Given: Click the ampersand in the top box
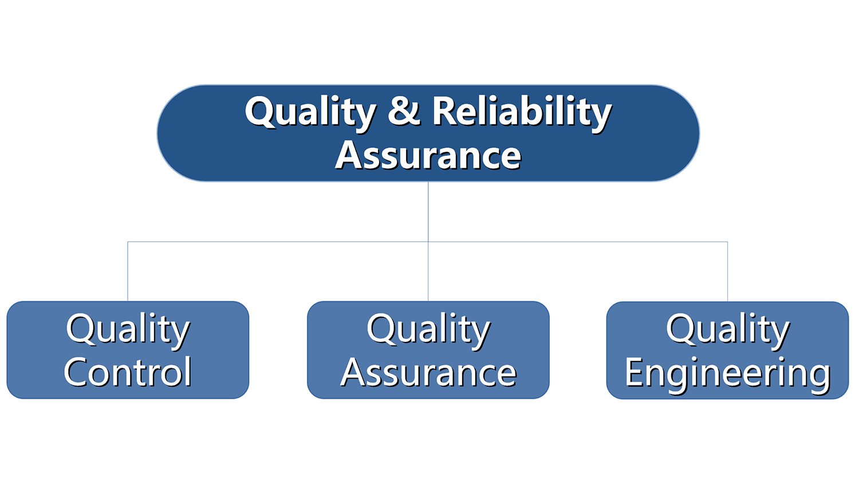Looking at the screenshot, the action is tap(404, 111).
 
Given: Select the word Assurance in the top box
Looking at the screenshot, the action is tap(428, 155).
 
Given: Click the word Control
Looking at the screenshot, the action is tap(128, 371).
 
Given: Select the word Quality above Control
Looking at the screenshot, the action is tap(128, 330).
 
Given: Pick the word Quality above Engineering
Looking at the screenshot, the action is tap(728, 330).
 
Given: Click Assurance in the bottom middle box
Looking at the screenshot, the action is tap(428, 372).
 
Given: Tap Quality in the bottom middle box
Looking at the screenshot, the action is tap(428, 330).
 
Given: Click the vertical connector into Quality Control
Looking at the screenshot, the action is tap(128, 271).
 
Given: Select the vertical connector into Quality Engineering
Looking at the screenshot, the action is tap(727, 271).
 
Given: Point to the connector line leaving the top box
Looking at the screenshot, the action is tap(428, 212).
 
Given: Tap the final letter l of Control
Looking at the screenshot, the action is tap(188, 371).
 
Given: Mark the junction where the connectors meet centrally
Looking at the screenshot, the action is tap(428, 242).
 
